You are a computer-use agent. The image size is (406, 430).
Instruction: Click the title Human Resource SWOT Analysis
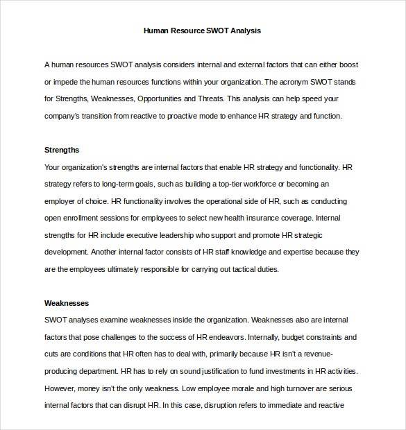(x=202, y=31)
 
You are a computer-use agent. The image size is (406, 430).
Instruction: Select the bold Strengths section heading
(x=62, y=150)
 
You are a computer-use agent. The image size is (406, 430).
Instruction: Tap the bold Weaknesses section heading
(x=67, y=303)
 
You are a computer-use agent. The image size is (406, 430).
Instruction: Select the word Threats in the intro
(x=211, y=99)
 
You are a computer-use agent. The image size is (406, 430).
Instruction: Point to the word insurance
(x=254, y=218)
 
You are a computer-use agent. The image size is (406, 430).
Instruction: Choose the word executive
(x=139, y=235)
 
